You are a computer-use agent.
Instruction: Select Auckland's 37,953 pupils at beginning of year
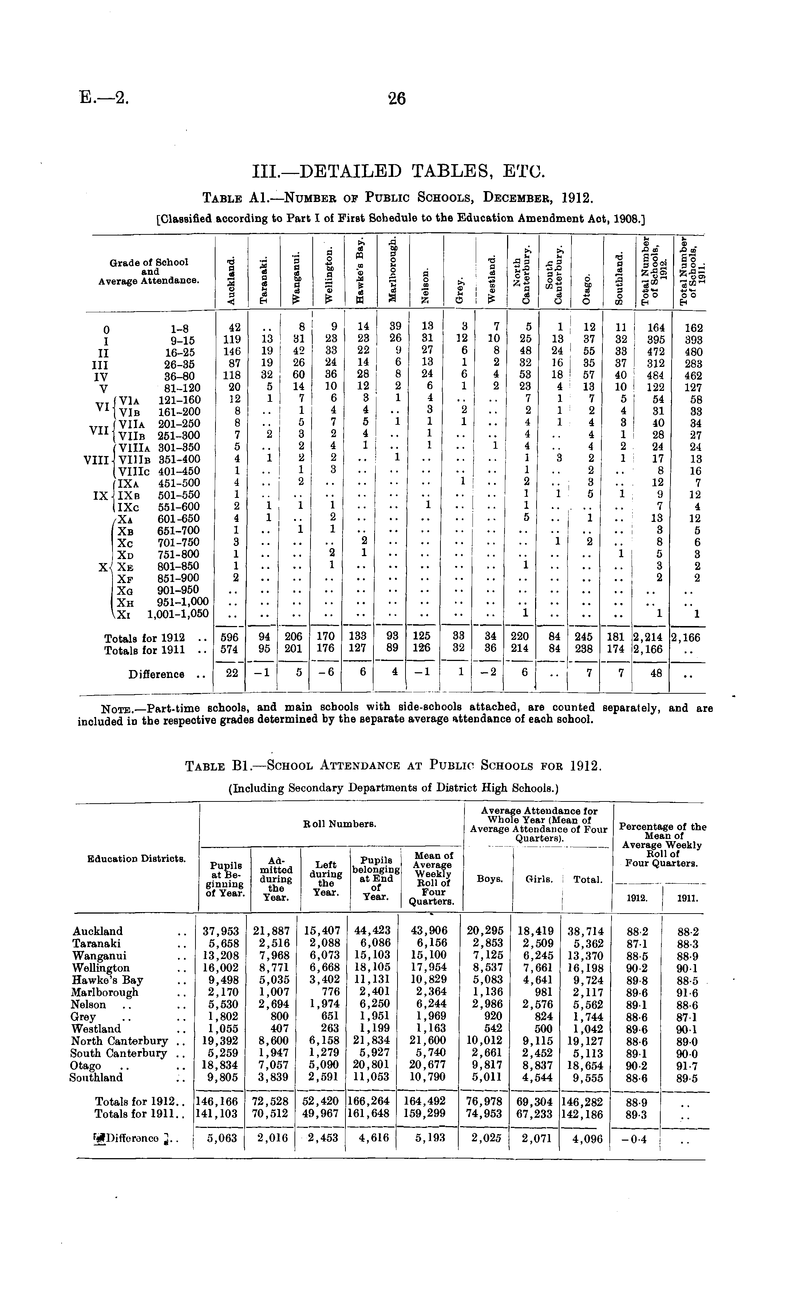tap(221, 931)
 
